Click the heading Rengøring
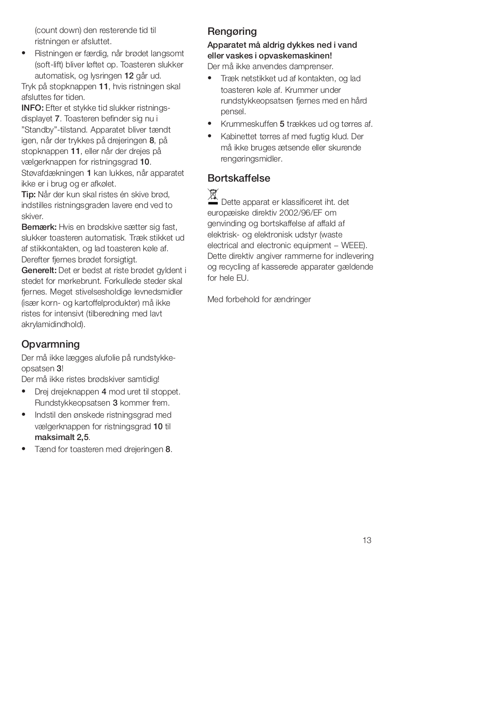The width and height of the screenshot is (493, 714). [232, 32]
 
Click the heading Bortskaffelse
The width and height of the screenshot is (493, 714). [239, 178]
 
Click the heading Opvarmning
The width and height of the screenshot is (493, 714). [50, 344]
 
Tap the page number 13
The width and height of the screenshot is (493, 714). [367, 540]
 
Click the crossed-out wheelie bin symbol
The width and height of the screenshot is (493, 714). [213, 197]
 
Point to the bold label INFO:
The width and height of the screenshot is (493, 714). [33, 108]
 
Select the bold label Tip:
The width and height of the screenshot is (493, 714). [29, 195]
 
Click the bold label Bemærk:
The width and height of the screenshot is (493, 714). [39, 227]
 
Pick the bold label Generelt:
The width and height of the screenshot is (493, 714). [39, 270]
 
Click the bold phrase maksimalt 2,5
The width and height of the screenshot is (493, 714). [62, 437]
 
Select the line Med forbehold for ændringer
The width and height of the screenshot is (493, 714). [259, 299]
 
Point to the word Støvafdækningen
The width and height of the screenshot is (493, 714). [53, 173]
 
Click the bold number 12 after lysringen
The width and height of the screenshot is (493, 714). [129, 76]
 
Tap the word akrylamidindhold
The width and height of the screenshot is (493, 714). [52, 324]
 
